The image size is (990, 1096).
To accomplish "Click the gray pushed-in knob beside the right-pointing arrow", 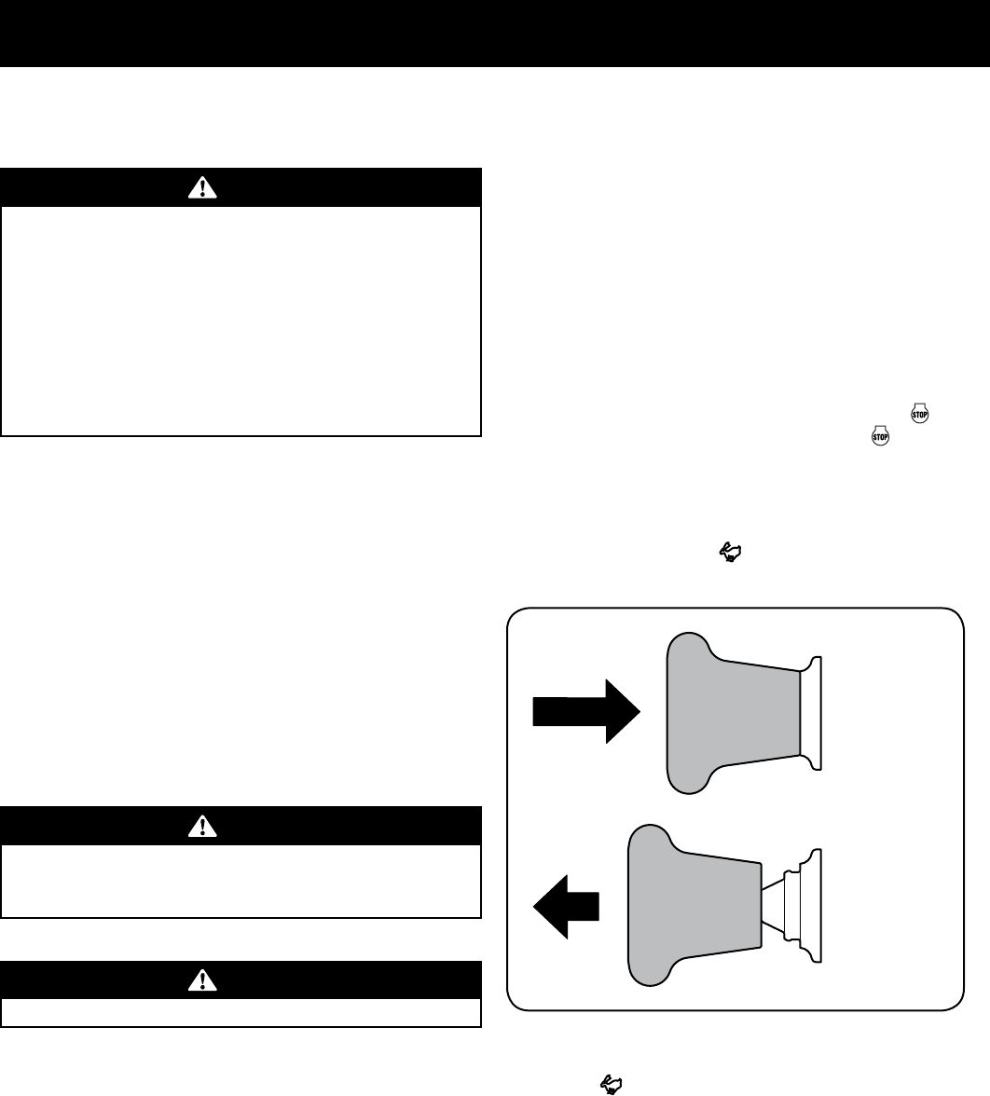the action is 733,713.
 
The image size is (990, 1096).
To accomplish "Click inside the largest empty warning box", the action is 241,321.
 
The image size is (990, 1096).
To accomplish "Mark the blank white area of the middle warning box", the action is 241,882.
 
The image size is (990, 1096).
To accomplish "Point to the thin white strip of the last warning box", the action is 241,1012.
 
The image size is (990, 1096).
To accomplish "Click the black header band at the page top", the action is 495,34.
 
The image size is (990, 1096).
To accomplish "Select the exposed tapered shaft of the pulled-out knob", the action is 772,905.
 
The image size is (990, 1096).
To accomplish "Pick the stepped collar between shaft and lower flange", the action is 792,905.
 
